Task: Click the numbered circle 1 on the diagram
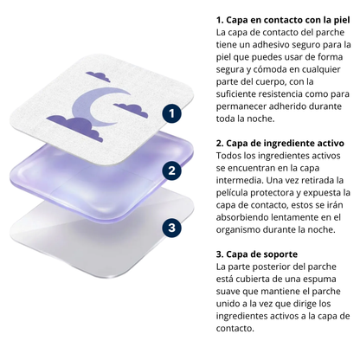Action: pyautogui.click(x=174, y=112)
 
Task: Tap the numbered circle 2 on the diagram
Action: pyautogui.click(x=174, y=170)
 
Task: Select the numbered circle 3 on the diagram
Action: pyautogui.click(x=174, y=228)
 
